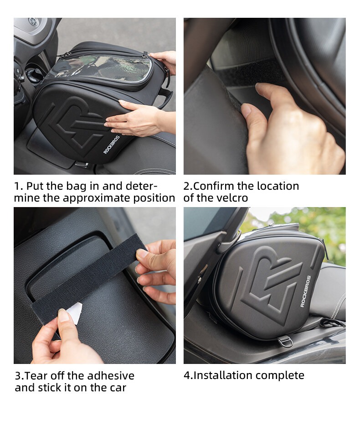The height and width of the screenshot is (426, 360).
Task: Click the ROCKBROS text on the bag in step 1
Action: click(x=112, y=145)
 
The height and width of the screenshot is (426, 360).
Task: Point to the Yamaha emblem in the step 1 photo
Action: click(x=33, y=22)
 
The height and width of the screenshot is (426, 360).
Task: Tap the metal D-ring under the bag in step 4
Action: click(x=285, y=341)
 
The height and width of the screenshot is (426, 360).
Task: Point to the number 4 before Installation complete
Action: click(x=187, y=375)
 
